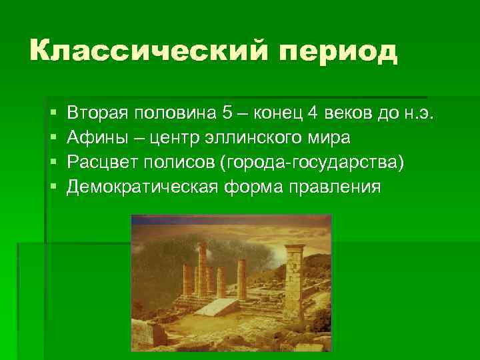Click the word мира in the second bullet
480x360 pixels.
coord(329,137)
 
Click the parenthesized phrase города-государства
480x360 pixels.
coord(316,162)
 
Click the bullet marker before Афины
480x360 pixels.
coord(53,137)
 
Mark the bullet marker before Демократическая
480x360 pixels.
coord(53,187)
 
